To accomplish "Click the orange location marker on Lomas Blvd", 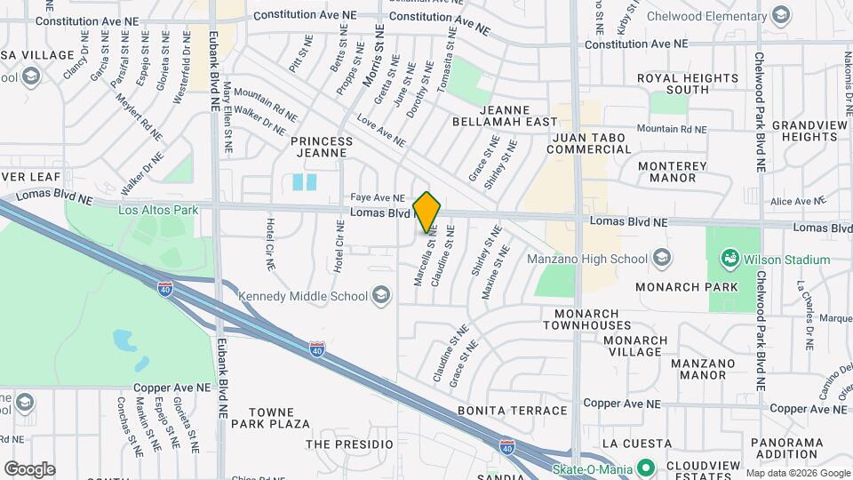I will (426, 212).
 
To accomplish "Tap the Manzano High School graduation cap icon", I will (661, 259).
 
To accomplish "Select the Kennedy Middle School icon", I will (380, 296).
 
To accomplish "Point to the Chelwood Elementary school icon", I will (780, 14).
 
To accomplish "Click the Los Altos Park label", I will (157, 210).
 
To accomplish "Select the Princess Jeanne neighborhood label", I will (322, 147).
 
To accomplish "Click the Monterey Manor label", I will (673, 172).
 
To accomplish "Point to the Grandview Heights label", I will (809, 131).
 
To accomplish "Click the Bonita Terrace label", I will (512, 411).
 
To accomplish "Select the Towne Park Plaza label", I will (270, 418).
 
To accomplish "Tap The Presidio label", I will (349, 444).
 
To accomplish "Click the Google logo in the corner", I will (29, 468).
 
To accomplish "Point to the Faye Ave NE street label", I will (377, 198).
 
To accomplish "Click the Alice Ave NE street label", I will (800, 202).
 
